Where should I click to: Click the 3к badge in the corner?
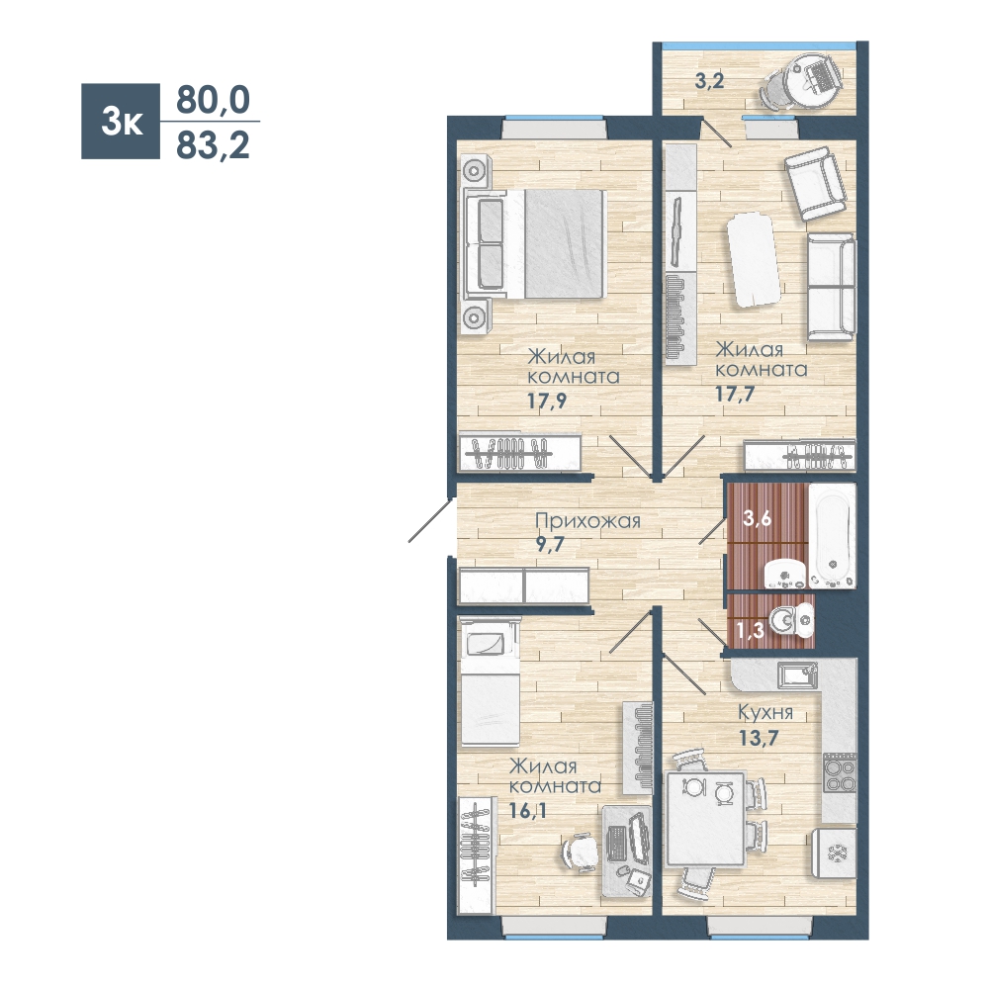click(x=121, y=121)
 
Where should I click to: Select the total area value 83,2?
click(x=213, y=145)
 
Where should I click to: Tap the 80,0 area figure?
click(x=213, y=100)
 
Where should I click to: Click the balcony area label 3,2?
click(x=709, y=81)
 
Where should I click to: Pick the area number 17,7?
click(x=735, y=394)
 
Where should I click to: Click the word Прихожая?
click(x=587, y=521)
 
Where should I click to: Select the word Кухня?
click(x=765, y=713)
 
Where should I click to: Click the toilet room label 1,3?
click(x=750, y=629)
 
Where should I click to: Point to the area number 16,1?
click(x=527, y=810)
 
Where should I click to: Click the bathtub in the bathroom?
click(x=832, y=535)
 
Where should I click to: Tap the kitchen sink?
click(x=798, y=675)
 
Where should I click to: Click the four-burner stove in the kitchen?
click(x=840, y=773)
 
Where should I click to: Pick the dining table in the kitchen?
click(x=706, y=818)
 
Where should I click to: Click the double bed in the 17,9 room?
click(x=535, y=244)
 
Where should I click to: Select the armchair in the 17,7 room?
click(x=816, y=184)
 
